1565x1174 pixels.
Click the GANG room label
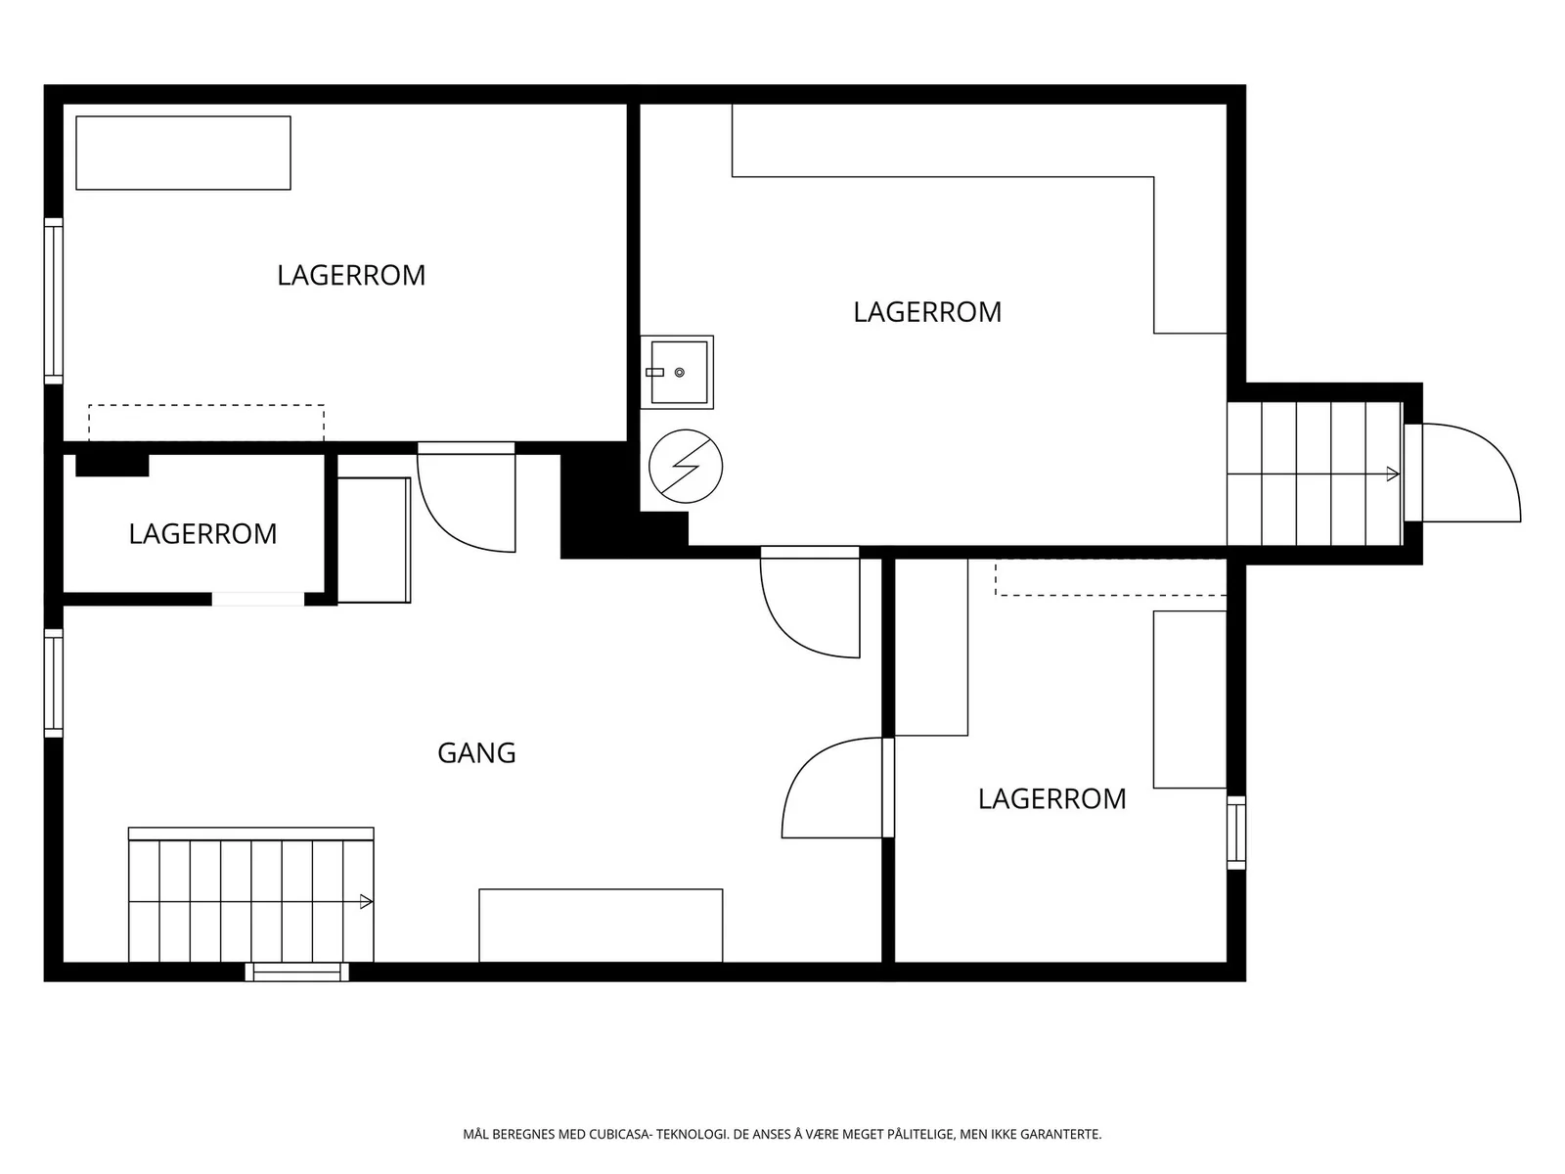[x=476, y=752]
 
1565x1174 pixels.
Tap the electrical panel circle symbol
[x=686, y=467]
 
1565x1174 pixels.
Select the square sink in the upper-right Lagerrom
[x=677, y=372]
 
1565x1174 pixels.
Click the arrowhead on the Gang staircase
[x=367, y=902]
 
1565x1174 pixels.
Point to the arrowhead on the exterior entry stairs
[x=1393, y=474]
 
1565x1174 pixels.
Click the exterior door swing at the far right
[x=1472, y=473]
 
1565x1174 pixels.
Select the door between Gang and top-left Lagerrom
[x=467, y=498]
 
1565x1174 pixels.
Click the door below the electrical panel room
[x=810, y=603]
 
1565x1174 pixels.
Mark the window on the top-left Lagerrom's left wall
[x=54, y=300]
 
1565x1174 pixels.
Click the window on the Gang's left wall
[x=54, y=683]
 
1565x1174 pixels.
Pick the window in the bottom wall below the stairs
[x=297, y=971]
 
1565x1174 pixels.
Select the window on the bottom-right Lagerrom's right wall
[x=1236, y=833]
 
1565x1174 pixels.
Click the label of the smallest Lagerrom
[x=202, y=534]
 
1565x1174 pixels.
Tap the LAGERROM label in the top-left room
[x=351, y=275]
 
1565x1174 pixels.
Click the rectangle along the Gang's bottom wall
[x=601, y=926]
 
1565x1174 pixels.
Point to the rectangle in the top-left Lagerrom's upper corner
[x=183, y=153]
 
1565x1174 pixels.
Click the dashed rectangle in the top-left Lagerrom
[x=206, y=423]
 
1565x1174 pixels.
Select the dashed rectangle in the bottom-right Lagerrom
[x=1111, y=576]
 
